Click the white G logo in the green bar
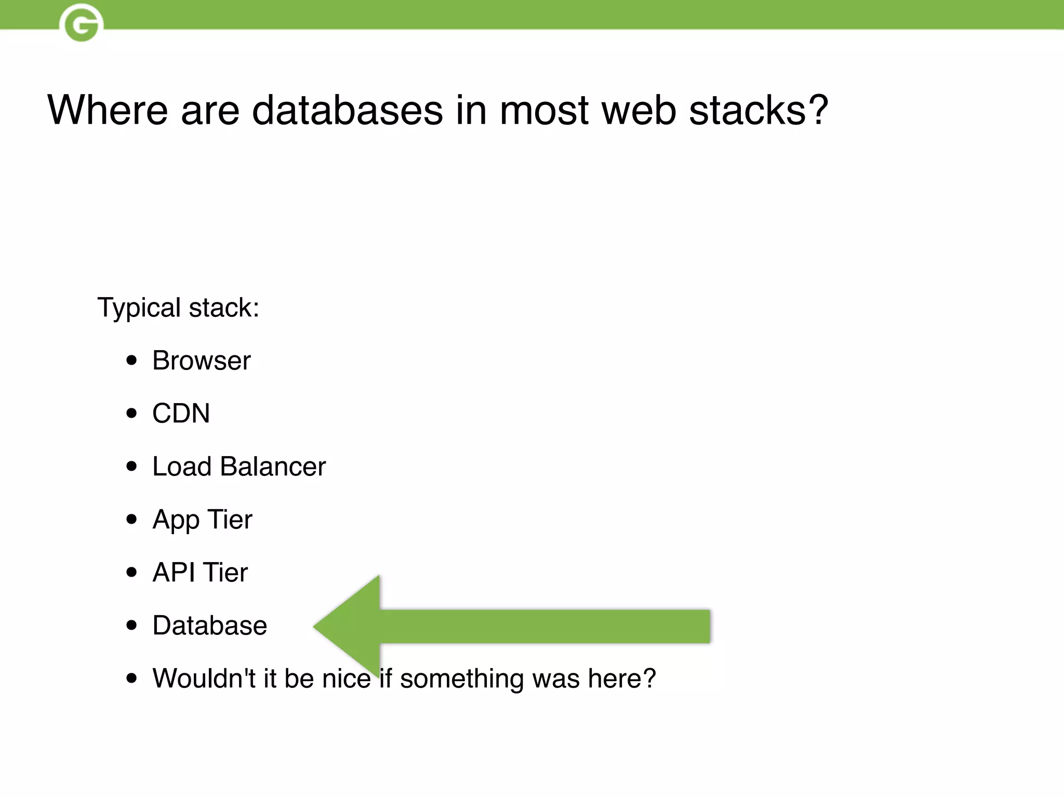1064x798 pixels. click(82, 23)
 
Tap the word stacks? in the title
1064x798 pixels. click(758, 110)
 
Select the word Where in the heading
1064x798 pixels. click(108, 110)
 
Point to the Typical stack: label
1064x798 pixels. click(178, 308)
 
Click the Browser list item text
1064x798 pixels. click(201, 361)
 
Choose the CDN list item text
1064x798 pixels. click(181, 414)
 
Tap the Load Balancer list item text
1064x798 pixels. click(239, 467)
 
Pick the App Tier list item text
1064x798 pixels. click(202, 520)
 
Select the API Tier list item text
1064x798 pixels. click(200, 573)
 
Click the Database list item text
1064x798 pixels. click(209, 626)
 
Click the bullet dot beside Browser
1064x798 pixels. click(132, 361)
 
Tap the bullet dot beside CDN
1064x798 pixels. click(132, 414)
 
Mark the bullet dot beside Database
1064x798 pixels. click(132, 626)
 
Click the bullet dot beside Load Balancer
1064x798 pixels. click(132, 467)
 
